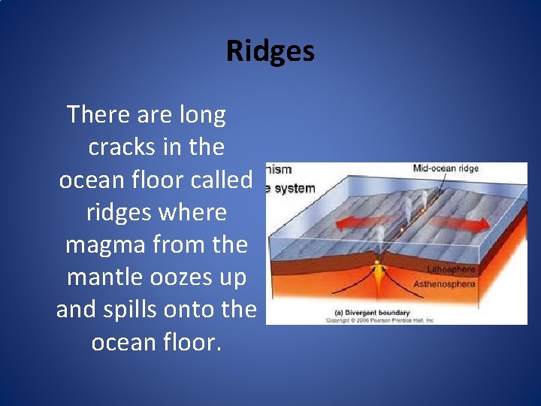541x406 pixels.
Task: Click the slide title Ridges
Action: pyautogui.click(x=270, y=51)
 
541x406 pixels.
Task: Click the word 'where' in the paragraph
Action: pyautogui.click(x=195, y=213)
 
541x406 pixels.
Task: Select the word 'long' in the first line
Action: pyautogui.click(x=203, y=115)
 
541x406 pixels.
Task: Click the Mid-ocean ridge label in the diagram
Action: pyautogui.click(x=446, y=168)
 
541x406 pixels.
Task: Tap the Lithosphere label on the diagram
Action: pyautogui.click(x=451, y=269)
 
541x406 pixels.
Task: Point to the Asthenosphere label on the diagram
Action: pyautogui.click(x=444, y=284)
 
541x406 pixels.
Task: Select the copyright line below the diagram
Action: pyautogui.click(x=379, y=320)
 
